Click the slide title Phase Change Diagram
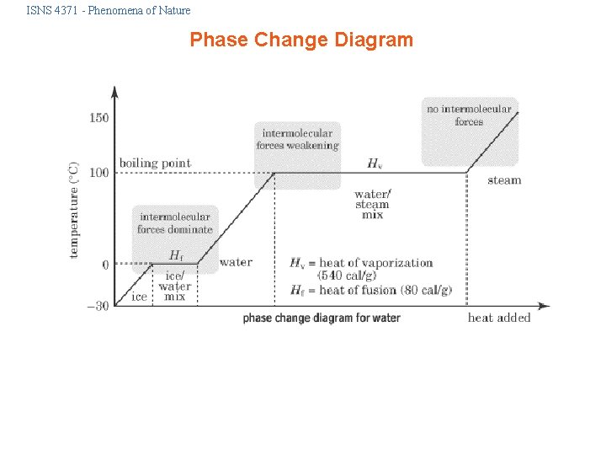coord(301,40)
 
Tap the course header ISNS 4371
coord(109,11)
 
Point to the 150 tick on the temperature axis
coord(99,118)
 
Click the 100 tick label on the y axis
coord(99,173)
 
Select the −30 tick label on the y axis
coord(98,306)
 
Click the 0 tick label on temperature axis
coord(104,265)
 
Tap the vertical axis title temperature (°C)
coord(74,209)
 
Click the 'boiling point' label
coord(155,163)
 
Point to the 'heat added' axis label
coord(499,318)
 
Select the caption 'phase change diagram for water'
coord(322,318)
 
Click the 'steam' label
coord(504,179)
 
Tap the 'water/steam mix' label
coord(372,204)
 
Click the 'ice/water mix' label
coord(174,286)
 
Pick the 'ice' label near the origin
coord(139,297)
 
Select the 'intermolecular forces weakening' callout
coord(298,139)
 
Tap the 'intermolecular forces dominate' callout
coord(175,222)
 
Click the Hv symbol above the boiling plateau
coord(374,163)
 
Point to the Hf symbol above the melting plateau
coord(176,254)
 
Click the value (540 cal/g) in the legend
coord(347,276)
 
